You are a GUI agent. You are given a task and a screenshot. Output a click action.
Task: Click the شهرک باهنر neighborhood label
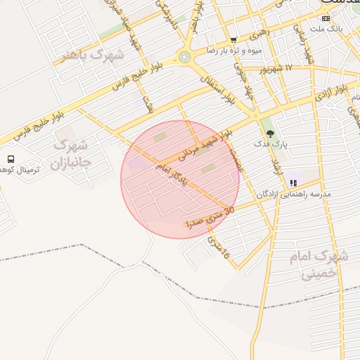(x=91, y=55)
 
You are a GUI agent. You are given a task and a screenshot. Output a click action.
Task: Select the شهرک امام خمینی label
(x=319, y=264)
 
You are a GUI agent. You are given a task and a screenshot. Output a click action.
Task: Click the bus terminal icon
(x=11, y=159)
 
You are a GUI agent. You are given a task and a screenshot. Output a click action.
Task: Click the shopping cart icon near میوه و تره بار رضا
(x=233, y=40)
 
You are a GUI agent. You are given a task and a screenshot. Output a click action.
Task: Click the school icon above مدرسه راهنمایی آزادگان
(x=293, y=182)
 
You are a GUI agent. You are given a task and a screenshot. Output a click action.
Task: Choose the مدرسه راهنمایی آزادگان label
(x=294, y=193)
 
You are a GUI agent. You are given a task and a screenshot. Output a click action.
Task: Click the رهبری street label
(x=257, y=32)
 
